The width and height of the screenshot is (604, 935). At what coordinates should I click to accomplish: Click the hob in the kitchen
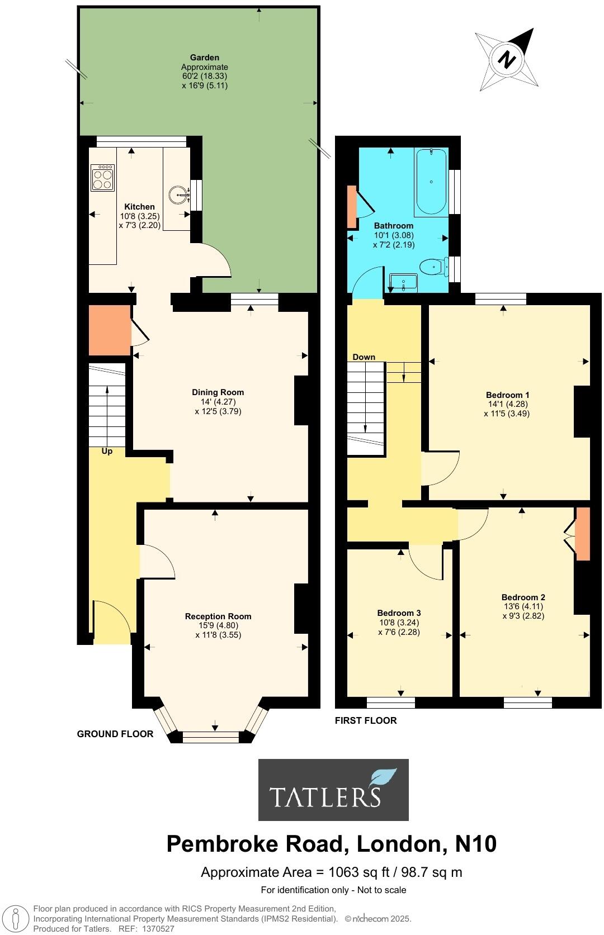click(102, 177)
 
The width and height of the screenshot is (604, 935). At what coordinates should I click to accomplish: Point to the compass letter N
click(507, 59)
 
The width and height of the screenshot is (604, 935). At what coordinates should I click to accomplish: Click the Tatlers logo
click(333, 789)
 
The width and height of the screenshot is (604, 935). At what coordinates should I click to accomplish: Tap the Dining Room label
click(218, 392)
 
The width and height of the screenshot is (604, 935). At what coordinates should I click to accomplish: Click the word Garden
click(204, 58)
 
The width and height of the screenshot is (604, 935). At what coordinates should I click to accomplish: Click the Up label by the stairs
click(107, 451)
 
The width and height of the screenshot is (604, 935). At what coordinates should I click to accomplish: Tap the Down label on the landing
click(364, 357)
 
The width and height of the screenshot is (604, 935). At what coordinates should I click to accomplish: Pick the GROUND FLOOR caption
click(115, 734)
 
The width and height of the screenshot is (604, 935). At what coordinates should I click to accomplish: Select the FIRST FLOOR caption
click(366, 720)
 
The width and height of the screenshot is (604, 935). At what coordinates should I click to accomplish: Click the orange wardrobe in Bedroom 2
click(583, 534)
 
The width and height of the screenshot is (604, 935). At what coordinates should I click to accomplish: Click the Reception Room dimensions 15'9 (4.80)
click(218, 626)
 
